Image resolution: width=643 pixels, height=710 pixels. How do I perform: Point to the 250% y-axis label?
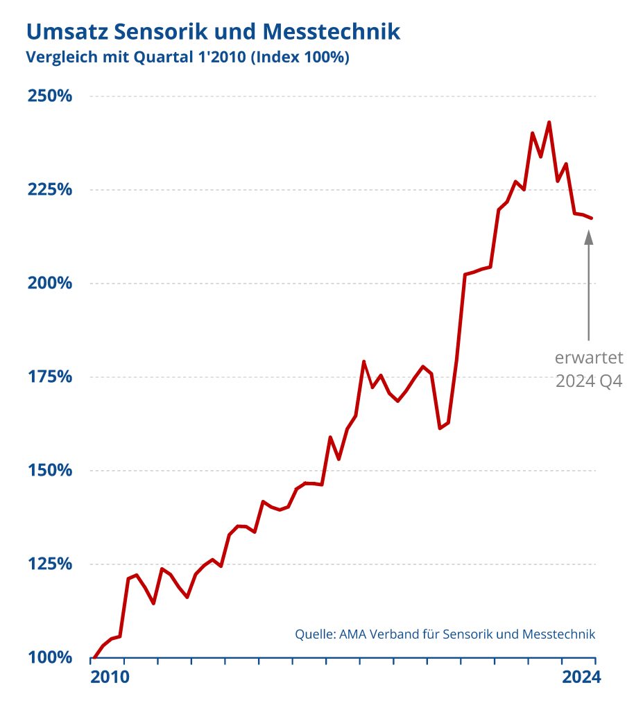coord(50,96)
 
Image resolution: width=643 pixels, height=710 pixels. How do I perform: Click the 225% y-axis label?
coord(50,189)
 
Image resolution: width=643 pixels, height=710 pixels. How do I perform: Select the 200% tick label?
coord(50,283)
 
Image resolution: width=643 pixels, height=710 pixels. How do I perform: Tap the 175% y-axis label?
coord(50,376)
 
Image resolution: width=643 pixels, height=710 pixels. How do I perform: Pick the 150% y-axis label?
coord(50,470)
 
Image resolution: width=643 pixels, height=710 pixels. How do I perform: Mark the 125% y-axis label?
coord(50,564)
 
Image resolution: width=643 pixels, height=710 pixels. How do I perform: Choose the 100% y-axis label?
coord(50,657)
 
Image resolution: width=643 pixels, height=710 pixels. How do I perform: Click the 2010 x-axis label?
coord(110,677)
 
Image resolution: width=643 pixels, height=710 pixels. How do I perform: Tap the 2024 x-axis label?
coord(579,677)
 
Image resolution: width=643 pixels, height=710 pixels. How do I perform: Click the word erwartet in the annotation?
coord(589,358)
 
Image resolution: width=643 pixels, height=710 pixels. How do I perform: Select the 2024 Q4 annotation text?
coord(589,381)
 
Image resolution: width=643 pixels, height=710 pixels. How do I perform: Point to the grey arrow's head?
coord(589,236)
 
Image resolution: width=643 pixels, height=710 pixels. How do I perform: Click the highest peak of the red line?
coord(549,123)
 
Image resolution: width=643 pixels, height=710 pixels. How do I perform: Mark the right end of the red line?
coord(592,218)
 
